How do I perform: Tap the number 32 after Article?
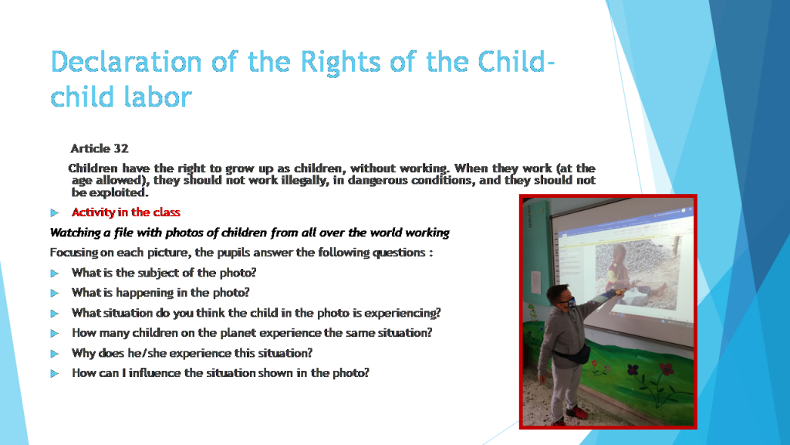120,148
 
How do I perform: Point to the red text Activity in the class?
126,212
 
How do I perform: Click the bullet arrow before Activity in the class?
55,212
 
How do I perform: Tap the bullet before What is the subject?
55,273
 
